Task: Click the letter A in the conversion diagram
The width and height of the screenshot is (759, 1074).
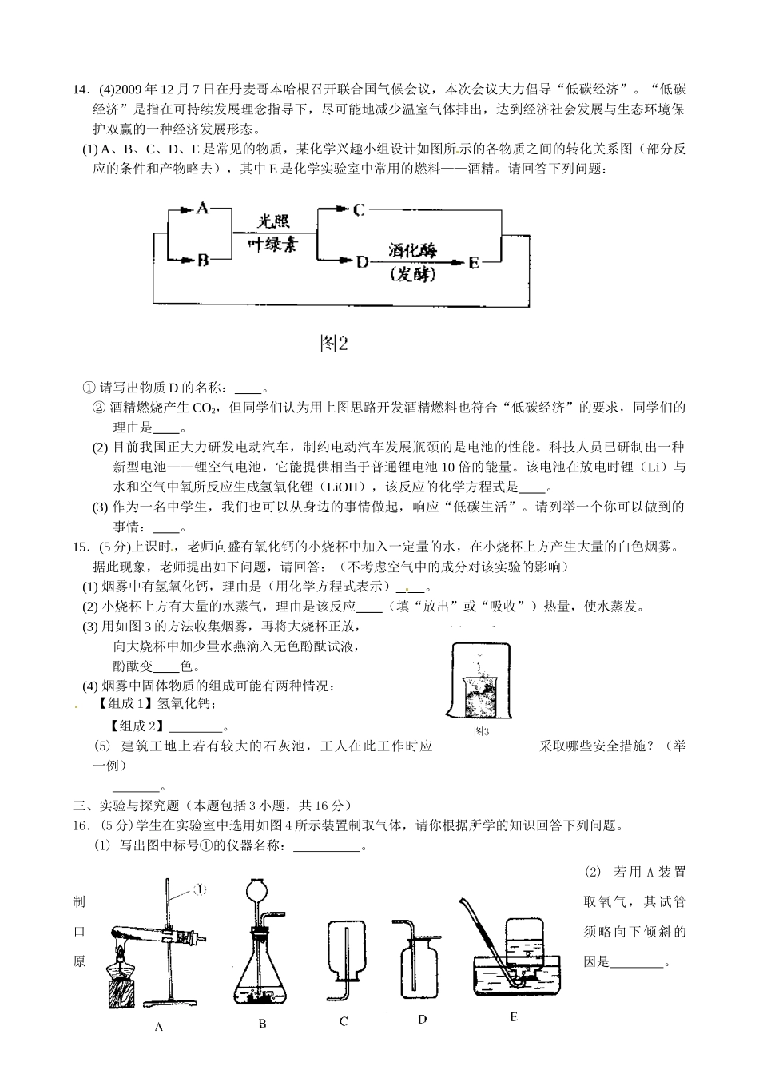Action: point(202,208)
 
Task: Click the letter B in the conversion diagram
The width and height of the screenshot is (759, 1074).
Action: point(202,260)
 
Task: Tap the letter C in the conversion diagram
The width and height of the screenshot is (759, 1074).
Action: point(359,210)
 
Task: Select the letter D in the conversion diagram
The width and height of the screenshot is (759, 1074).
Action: point(361,261)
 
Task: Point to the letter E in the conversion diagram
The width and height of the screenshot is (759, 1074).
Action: point(474,262)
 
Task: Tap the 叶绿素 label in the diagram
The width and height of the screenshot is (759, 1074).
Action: point(272,245)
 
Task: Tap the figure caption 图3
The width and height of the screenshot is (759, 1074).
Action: point(480,730)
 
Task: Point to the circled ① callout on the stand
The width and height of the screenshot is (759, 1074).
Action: point(201,888)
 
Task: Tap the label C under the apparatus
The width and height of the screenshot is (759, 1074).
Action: point(344,1021)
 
